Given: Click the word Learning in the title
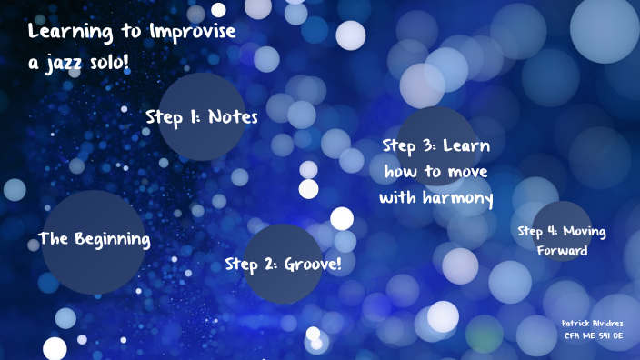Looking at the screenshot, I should pyautogui.click(x=75, y=33).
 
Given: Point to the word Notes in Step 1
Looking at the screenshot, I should pyautogui.click(x=234, y=117).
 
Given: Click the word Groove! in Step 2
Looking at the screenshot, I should pyautogui.click(x=313, y=265).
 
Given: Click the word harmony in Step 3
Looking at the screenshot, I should pyautogui.click(x=455, y=198).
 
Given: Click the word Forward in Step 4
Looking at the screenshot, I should pyautogui.click(x=562, y=251).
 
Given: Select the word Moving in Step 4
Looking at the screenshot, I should pyautogui.click(x=585, y=231).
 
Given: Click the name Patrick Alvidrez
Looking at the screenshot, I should pyautogui.click(x=593, y=323).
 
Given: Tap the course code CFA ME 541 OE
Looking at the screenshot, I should pyautogui.click(x=593, y=336).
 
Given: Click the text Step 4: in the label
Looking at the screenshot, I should pyautogui.click(x=537, y=231).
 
